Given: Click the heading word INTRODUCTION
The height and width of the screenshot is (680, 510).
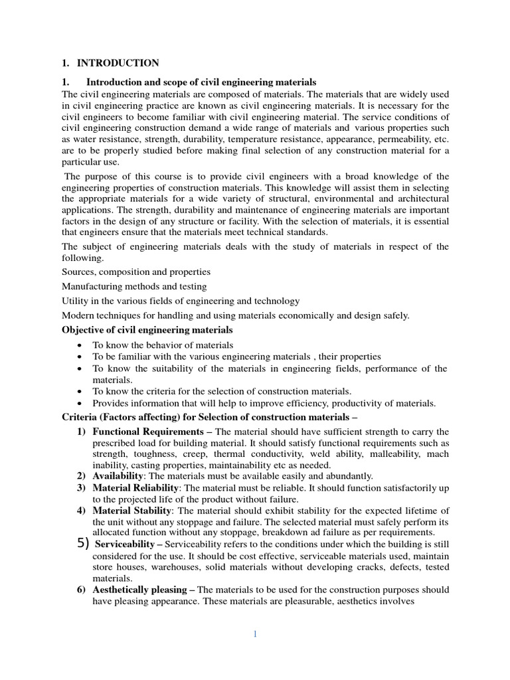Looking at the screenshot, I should (118, 63).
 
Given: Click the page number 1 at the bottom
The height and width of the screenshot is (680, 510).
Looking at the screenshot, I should (254, 634).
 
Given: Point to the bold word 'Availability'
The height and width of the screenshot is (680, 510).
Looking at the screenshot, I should (118, 476).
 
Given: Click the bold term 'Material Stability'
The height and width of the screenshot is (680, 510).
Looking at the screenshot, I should (132, 510).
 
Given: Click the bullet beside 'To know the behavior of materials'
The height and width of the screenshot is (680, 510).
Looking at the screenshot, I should (80, 345).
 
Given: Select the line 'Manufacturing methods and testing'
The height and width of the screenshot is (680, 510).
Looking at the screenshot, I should (134, 286).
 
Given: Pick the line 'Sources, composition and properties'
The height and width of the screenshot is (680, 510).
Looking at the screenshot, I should (136, 272).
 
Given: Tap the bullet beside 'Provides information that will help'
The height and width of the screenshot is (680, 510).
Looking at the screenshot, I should (80, 403).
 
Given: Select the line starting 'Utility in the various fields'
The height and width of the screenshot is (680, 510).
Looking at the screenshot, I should (181, 301).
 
